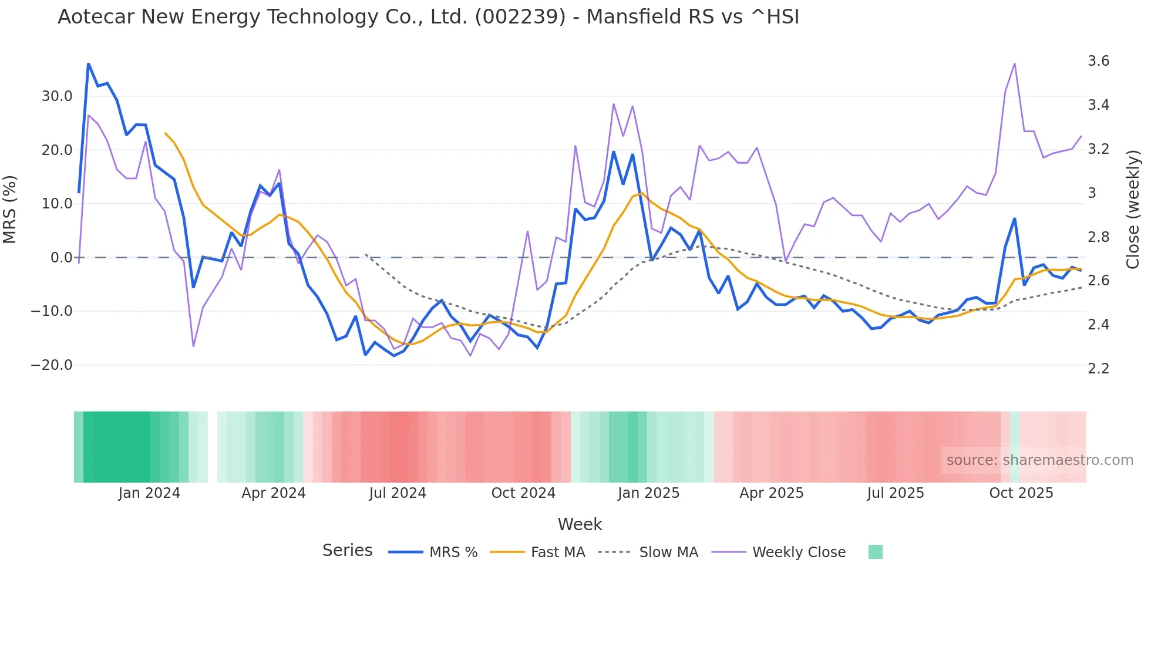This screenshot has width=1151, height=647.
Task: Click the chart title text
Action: tap(428, 17)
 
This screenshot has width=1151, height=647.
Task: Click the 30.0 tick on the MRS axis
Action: tap(57, 96)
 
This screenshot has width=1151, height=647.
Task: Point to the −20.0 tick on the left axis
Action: tap(52, 365)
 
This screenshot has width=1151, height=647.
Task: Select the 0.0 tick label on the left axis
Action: tap(61, 258)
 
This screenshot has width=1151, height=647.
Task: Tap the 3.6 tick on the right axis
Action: tap(1098, 61)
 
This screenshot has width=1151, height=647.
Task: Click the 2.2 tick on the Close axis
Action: tap(1098, 369)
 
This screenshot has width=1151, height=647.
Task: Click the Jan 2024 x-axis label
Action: tap(149, 493)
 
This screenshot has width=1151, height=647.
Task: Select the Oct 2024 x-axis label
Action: tap(523, 493)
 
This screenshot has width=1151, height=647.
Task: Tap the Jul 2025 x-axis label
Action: tap(895, 493)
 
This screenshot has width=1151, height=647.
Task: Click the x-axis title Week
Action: tap(580, 524)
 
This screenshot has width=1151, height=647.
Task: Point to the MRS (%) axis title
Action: tap(10, 210)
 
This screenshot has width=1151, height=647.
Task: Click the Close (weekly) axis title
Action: tap(1133, 210)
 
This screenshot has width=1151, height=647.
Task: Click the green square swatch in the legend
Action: tap(875, 552)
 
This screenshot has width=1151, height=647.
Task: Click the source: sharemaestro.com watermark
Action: tap(1039, 460)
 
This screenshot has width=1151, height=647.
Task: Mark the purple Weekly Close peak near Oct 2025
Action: tap(1014, 63)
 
